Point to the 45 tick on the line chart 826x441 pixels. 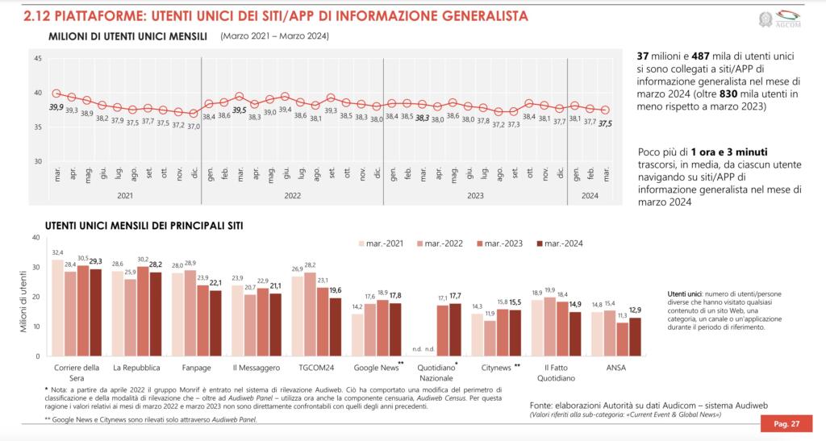(x=38, y=58)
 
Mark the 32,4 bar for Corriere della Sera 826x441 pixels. (x=57, y=307)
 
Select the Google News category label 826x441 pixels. (x=377, y=367)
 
